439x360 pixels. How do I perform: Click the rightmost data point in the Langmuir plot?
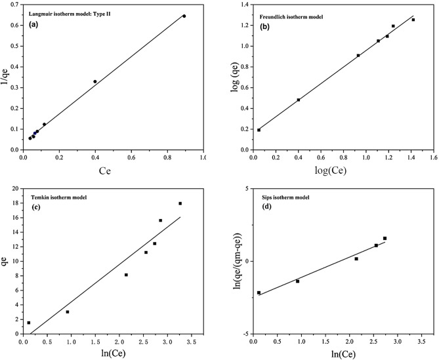(184, 16)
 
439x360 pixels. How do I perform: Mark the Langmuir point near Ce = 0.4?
(95, 81)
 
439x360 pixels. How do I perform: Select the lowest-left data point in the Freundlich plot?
(259, 130)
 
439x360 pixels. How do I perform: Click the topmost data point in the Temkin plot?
(180, 203)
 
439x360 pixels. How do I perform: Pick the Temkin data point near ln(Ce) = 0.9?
(68, 311)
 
